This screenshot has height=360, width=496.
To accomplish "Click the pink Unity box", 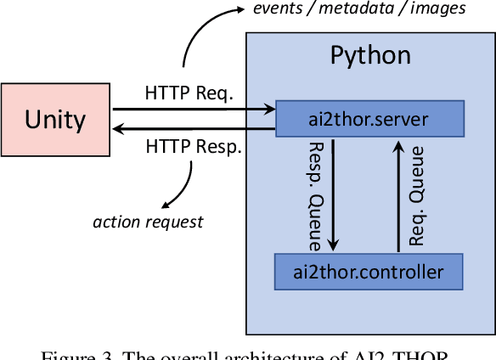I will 55,119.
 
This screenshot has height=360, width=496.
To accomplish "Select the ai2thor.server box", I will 369,118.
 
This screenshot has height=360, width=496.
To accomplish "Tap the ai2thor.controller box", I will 369,272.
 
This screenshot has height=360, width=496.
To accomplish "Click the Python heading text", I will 369,56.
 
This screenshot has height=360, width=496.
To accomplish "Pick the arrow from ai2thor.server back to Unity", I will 195,128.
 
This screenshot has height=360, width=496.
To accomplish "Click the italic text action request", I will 148,222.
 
